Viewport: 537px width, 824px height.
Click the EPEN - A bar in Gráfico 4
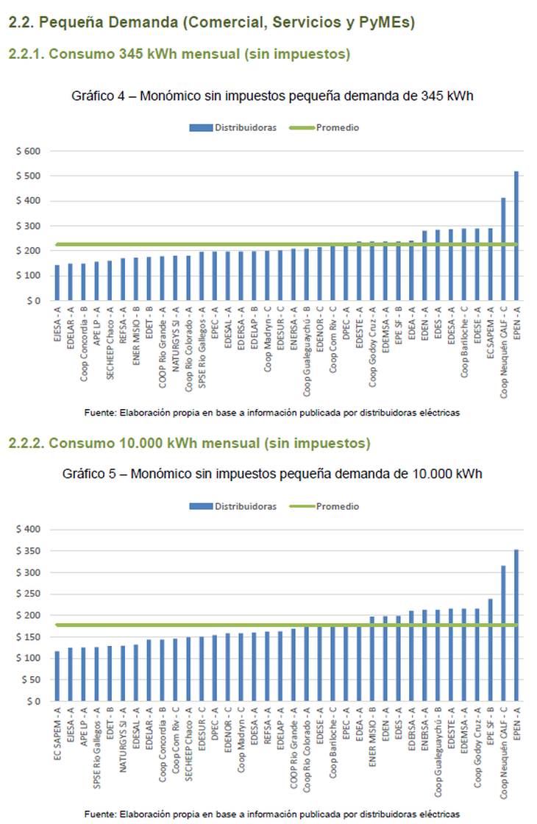tap(516, 235)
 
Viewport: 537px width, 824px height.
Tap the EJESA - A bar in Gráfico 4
tap(57, 283)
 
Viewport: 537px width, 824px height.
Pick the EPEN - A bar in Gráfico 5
tap(516, 625)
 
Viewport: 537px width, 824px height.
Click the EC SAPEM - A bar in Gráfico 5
tap(57, 676)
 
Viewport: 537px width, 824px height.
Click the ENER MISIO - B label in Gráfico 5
tap(372, 738)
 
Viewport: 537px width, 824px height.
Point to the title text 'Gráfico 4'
tap(96, 96)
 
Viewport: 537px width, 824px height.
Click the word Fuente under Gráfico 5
tap(99, 814)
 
